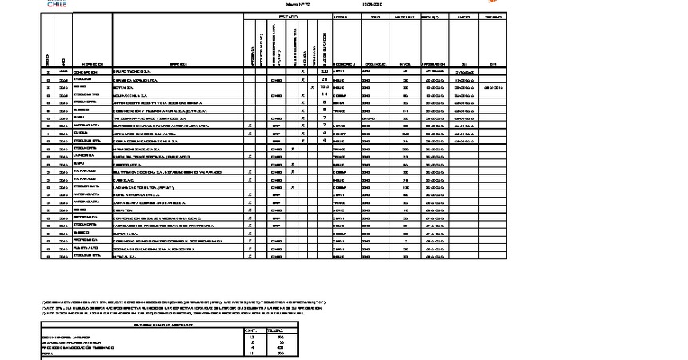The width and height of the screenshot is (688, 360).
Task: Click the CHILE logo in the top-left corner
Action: pos(57,4)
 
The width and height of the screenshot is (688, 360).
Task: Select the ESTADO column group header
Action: pos(288,16)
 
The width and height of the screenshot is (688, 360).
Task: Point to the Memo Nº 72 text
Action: pos(287,4)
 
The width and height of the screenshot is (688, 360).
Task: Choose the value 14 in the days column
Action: pos(325,94)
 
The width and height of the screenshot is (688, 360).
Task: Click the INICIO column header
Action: pos(463,16)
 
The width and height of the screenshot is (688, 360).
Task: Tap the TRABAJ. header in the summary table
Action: pos(275,329)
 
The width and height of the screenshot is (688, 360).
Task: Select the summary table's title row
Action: pos(171,323)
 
